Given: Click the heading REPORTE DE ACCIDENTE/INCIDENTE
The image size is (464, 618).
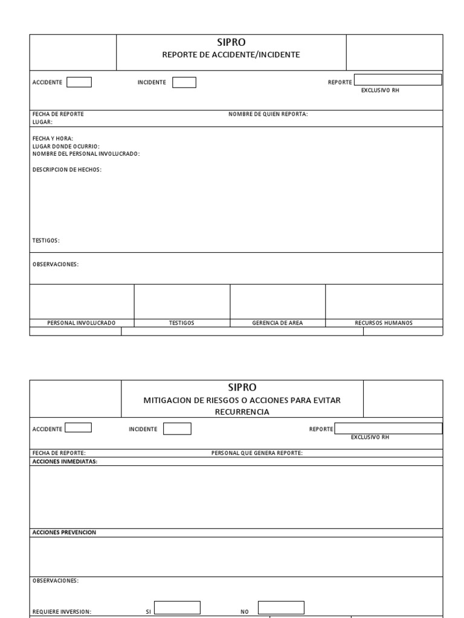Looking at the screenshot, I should [x=231, y=55].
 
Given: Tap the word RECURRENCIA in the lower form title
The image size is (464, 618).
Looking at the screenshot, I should [x=242, y=412].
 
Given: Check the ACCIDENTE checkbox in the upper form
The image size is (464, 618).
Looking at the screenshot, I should [x=79, y=83].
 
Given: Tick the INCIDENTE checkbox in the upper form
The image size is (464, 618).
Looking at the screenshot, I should [x=184, y=83].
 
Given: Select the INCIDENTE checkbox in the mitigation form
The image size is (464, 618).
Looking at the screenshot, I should [x=178, y=428].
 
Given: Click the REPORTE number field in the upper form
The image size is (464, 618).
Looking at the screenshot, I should [x=398, y=80].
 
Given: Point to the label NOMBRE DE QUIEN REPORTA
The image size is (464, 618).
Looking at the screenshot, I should [x=268, y=114].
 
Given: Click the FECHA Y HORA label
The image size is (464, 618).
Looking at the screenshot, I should [x=53, y=139].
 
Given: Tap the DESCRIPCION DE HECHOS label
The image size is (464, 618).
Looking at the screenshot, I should [x=66, y=170].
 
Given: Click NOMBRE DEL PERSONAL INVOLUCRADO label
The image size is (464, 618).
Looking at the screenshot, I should [x=86, y=154].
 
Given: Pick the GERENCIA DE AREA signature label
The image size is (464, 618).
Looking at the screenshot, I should [x=277, y=323].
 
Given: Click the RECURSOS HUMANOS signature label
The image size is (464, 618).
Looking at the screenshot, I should [x=384, y=323].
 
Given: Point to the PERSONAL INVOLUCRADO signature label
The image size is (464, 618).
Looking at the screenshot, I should [x=82, y=323].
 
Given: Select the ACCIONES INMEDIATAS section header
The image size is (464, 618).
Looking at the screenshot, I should [x=65, y=462].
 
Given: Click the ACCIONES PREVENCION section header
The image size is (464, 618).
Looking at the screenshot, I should [x=63, y=533].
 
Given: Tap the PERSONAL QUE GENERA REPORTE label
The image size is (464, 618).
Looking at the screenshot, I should [x=257, y=453].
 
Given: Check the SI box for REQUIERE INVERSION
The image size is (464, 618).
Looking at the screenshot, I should [x=177, y=607].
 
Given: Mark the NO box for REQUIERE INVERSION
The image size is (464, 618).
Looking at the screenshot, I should [x=281, y=607].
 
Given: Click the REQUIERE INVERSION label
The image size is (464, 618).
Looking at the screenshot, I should [x=62, y=611].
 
